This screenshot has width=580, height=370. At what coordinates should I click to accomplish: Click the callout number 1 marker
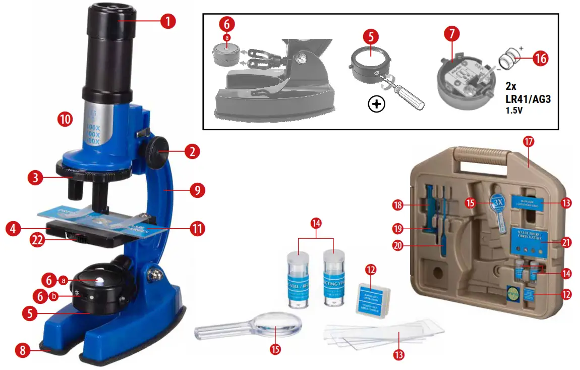[x=168, y=21]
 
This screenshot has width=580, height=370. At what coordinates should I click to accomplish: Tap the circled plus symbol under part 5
[x=376, y=104]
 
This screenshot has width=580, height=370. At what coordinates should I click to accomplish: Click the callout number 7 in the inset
[x=451, y=35]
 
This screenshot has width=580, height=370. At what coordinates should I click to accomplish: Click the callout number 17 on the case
[x=529, y=141]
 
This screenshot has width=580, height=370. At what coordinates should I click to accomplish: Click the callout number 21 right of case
[x=566, y=242]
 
